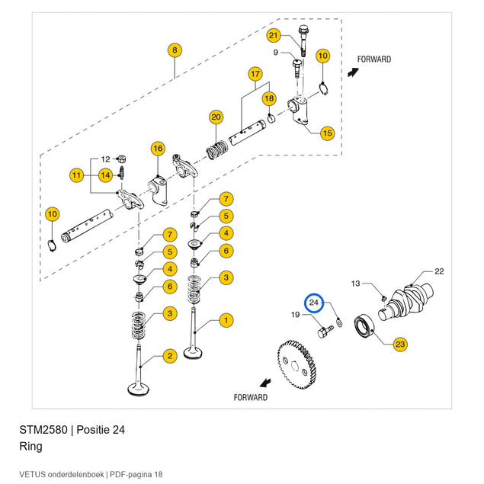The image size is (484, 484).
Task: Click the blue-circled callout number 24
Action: click(313, 303)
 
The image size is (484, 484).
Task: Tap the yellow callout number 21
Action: click(273, 35)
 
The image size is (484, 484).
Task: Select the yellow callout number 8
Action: click(175, 50)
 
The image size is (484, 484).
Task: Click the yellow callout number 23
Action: click(400, 345)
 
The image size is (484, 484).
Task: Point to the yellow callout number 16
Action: click(158, 149)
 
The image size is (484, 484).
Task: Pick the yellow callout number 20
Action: click(216, 117)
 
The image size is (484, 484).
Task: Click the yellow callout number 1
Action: click(226, 320)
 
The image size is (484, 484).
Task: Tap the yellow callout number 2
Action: click(170, 356)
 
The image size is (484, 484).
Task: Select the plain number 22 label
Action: click(439, 271)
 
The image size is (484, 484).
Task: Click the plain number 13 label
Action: click(356, 284)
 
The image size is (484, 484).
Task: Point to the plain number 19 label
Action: click(296, 315)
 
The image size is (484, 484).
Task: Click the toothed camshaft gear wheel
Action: click(297, 364)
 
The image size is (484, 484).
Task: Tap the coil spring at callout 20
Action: click(217, 150)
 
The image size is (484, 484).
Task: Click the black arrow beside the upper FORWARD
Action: click(353, 72)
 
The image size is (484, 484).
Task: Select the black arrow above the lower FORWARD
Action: click(265, 383)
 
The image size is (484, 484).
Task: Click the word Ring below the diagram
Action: click(30, 447)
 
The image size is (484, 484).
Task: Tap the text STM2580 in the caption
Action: click(43, 430)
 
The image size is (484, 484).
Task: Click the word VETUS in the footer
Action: click(32, 474)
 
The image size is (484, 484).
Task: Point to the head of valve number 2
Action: click(139, 389)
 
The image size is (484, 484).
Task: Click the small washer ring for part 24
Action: click(339, 324)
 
